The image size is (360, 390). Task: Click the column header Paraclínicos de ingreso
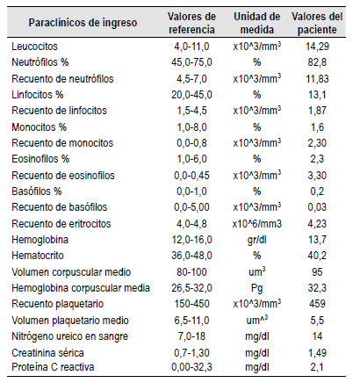pyautogui.click(x=83, y=23)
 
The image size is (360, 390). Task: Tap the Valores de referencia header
pyautogui.click(x=191, y=23)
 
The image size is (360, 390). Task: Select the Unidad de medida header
pyautogui.click(x=257, y=23)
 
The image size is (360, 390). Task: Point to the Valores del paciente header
pyautogui.click(x=317, y=23)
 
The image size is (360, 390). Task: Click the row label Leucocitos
pyautogui.click(x=34, y=47)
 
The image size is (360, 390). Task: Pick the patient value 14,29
pyautogui.click(x=317, y=47)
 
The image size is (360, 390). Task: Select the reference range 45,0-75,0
pyautogui.click(x=191, y=62)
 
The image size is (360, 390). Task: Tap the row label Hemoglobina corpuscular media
pyautogui.click(x=81, y=288)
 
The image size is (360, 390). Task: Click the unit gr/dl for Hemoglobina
pyautogui.click(x=257, y=240)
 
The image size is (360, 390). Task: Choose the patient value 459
pyautogui.click(x=317, y=304)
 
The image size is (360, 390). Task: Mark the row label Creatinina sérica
pyautogui.click(x=47, y=353)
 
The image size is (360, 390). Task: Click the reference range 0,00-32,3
pyautogui.click(x=191, y=367)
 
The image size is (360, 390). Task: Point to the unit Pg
pyautogui.click(x=257, y=288)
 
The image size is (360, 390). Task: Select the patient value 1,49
pyautogui.click(x=317, y=353)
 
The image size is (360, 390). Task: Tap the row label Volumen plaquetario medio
pyautogui.click(x=70, y=321)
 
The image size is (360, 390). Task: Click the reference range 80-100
pyautogui.click(x=191, y=272)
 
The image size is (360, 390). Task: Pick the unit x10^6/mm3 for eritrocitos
pyautogui.click(x=257, y=224)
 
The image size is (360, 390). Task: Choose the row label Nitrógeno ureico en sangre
pyautogui.click(x=70, y=336)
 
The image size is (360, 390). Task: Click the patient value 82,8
pyautogui.click(x=317, y=62)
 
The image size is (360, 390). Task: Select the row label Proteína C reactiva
pyautogui.click(x=53, y=367)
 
